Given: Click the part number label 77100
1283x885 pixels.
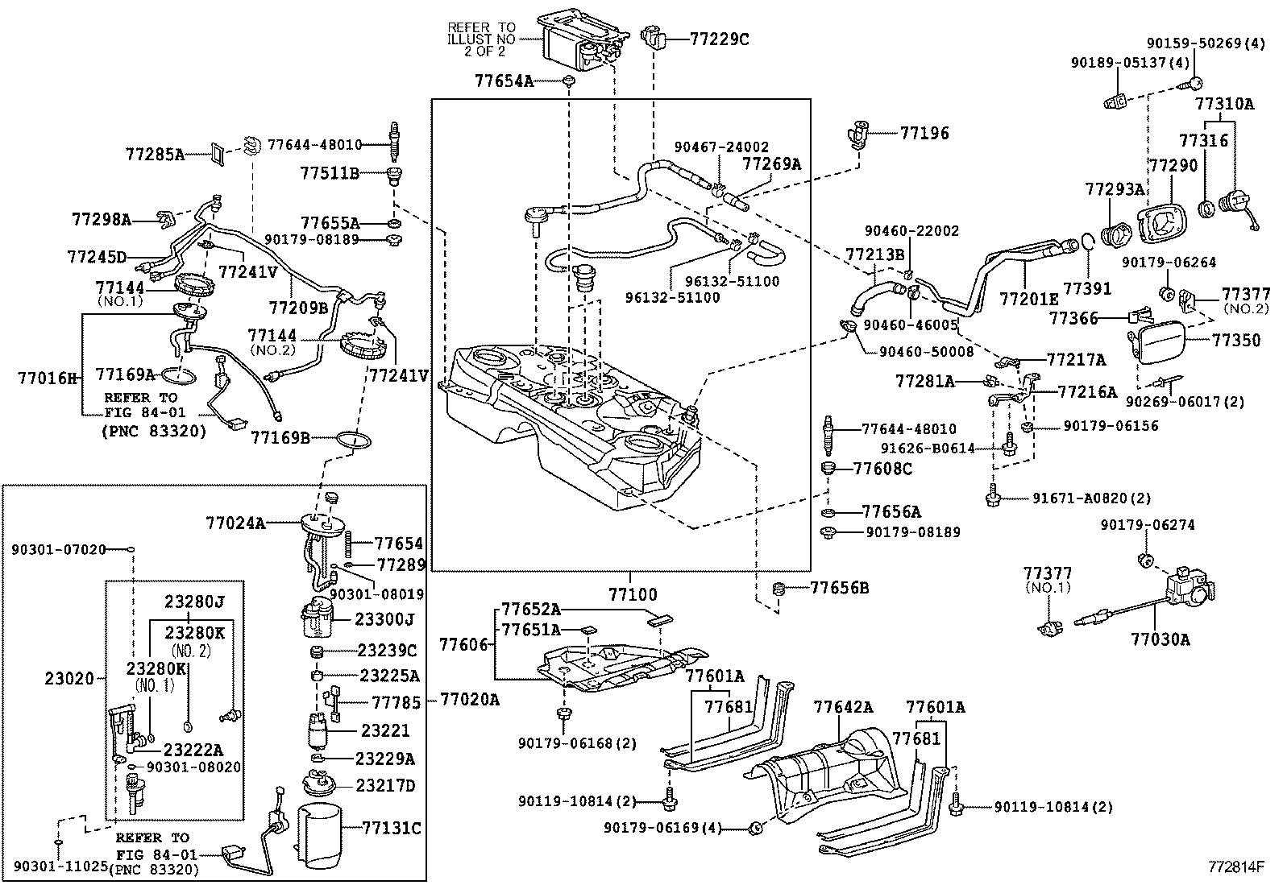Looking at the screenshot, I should pyautogui.click(x=633, y=595).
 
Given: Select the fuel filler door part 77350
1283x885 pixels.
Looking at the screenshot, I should pyautogui.click(x=1160, y=343).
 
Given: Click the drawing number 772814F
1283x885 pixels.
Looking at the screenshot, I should pyautogui.click(x=1236, y=867).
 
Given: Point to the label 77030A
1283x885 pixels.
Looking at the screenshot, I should pyautogui.click(x=1160, y=639).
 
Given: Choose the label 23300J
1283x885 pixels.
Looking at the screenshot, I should pyautogui.click(x=385, y=619).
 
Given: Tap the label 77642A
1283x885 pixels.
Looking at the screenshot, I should pyautogui.click(x=843, y=707).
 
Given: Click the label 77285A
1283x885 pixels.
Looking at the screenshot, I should pyautogui.click(x=155, y=153).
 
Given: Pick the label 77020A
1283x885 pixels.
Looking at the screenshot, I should pyautogui.click(x=469, y=700).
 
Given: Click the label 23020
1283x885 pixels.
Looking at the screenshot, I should pyautogui.click(x=70, y=679).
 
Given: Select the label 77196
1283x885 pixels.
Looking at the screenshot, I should pyautogui.click(x=924, y=134).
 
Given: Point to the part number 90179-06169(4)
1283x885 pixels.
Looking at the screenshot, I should pyautogui.click(x=662, y=827).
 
